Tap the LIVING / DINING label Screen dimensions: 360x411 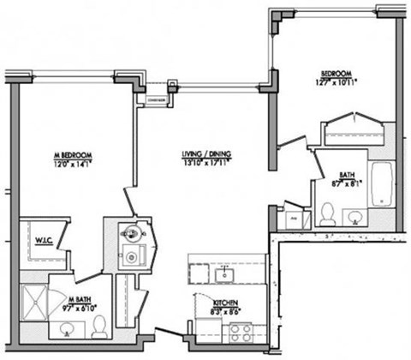click(206, 154)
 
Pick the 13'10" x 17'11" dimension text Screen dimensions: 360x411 click(206, 162)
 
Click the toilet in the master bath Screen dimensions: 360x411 click(99, 327)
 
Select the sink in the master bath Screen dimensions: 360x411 click(68, 328)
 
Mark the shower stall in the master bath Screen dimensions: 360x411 click(34, 301)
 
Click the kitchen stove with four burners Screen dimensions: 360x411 click(233, 333)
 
